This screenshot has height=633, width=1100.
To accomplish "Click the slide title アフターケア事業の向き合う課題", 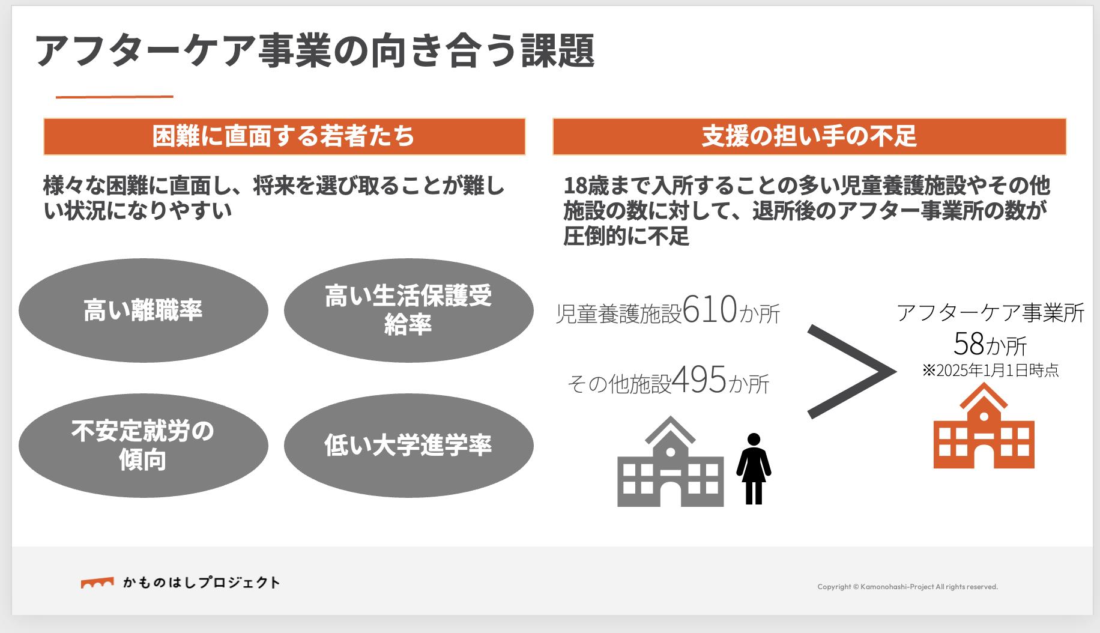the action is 315,50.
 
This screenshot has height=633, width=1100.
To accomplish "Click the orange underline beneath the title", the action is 115,96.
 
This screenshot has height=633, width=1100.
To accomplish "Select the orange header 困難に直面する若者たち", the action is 285,136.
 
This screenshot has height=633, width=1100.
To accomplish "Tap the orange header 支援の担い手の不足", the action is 809,136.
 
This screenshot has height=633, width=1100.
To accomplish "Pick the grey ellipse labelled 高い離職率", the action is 144,310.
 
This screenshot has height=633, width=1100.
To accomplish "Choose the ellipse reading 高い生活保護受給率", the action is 409,310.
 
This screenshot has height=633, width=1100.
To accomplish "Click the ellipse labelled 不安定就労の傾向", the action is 144,446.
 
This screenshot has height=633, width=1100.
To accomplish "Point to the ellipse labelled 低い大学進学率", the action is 409,446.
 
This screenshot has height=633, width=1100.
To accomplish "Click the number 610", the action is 710,309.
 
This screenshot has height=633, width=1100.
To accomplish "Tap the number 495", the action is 700,380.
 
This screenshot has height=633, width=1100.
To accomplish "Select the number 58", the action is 969,344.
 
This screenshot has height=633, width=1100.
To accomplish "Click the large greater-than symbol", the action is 851,372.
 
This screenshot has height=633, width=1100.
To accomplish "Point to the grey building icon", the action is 671,461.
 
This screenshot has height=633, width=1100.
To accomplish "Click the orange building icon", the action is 984,426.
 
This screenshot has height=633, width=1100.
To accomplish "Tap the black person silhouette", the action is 754,468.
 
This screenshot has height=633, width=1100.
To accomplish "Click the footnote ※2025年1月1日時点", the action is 991,371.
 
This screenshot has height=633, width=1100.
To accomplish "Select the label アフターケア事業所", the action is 991,313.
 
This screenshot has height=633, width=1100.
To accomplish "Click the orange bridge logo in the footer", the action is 97,583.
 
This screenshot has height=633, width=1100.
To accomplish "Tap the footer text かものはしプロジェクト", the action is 202,583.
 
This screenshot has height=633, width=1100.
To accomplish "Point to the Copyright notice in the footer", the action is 907,587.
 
